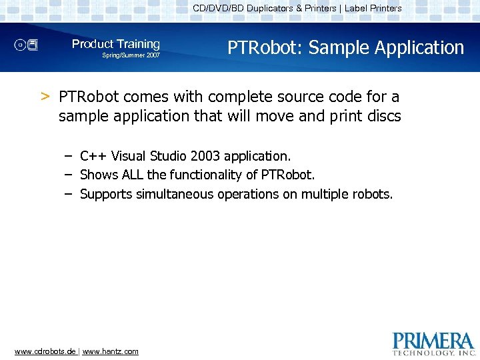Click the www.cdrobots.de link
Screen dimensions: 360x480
point(45,351)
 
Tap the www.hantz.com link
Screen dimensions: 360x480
point(110,351)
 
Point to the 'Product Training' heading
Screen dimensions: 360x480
point(116,44)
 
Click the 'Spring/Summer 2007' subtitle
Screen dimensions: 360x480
point(131,55)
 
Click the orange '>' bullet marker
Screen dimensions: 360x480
point(45,97)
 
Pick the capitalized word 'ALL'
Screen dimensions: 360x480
point(133,175)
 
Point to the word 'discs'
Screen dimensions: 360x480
point(383,116)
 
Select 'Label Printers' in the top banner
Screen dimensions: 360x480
point(373,9)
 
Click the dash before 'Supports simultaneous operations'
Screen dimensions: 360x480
point(69,194)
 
